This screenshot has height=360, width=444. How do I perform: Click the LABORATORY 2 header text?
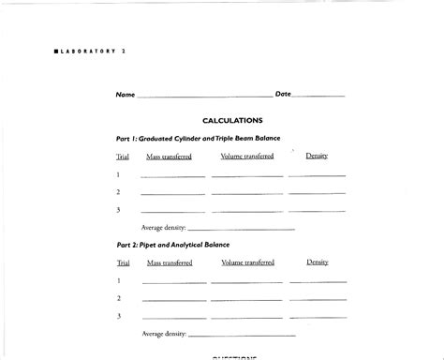[x=90, y=51]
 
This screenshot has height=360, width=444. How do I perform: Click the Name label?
[x=125, y=95]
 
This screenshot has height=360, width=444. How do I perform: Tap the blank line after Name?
[x=204, y=97]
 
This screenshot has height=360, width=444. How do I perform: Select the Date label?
[x=283, y=95]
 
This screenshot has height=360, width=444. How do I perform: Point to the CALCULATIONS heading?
[x=232, y=120]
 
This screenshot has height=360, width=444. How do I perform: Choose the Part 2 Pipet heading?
[x=173, y=245]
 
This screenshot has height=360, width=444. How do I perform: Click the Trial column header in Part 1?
[x=123, y=157]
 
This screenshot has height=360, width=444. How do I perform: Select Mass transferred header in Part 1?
[x=170, y=157]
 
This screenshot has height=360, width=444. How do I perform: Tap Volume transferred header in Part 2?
[x=247, y=262]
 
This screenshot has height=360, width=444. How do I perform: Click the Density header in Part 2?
[x=318, y=262]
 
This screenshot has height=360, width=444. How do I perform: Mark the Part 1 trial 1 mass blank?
[x=172, y=176]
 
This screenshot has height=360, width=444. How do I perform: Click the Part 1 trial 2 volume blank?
[x=246, y=194]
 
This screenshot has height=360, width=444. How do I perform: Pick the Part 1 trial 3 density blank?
[x=317, y=212]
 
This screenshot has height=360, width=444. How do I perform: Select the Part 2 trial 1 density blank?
[x=317, y=282]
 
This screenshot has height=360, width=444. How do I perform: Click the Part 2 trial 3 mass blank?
[x=172, y=318]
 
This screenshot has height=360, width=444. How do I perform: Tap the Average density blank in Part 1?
[x=242, y=229]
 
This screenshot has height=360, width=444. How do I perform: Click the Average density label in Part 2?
[x=163, y=334]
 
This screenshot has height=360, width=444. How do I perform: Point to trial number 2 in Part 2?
[x=119, y=298]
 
